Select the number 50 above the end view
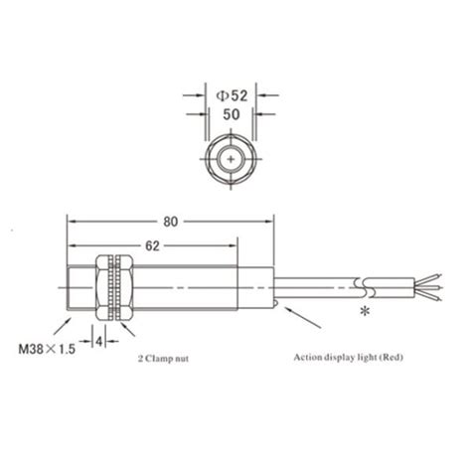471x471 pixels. [232, 116]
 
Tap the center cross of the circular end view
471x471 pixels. [232, 158]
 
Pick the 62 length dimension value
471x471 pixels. [151, 243]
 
